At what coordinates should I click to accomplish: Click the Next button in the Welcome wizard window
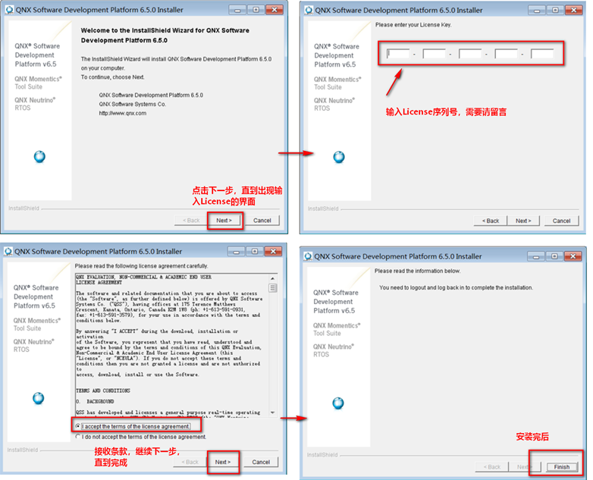tap(224, 220)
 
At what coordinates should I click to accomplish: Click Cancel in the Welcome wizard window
tap(262, 220)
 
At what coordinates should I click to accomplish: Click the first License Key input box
tap(398, 54)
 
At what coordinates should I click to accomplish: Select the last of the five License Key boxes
tap(542, 54)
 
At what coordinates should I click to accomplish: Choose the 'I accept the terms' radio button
tap(79, 426)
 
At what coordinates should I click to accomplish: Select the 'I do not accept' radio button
tap(79, 437)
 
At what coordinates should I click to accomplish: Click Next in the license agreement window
tap(222, 461)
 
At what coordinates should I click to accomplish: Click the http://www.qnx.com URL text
tap(123, 113)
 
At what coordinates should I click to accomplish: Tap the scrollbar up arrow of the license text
tap(273, 278)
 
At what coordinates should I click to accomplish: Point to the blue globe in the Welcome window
tap(39, 157)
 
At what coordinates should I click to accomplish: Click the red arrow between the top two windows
tap(295, 153)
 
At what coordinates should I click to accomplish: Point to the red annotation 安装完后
tap(532, 437)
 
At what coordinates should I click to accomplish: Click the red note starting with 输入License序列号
tap(446, 111)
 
